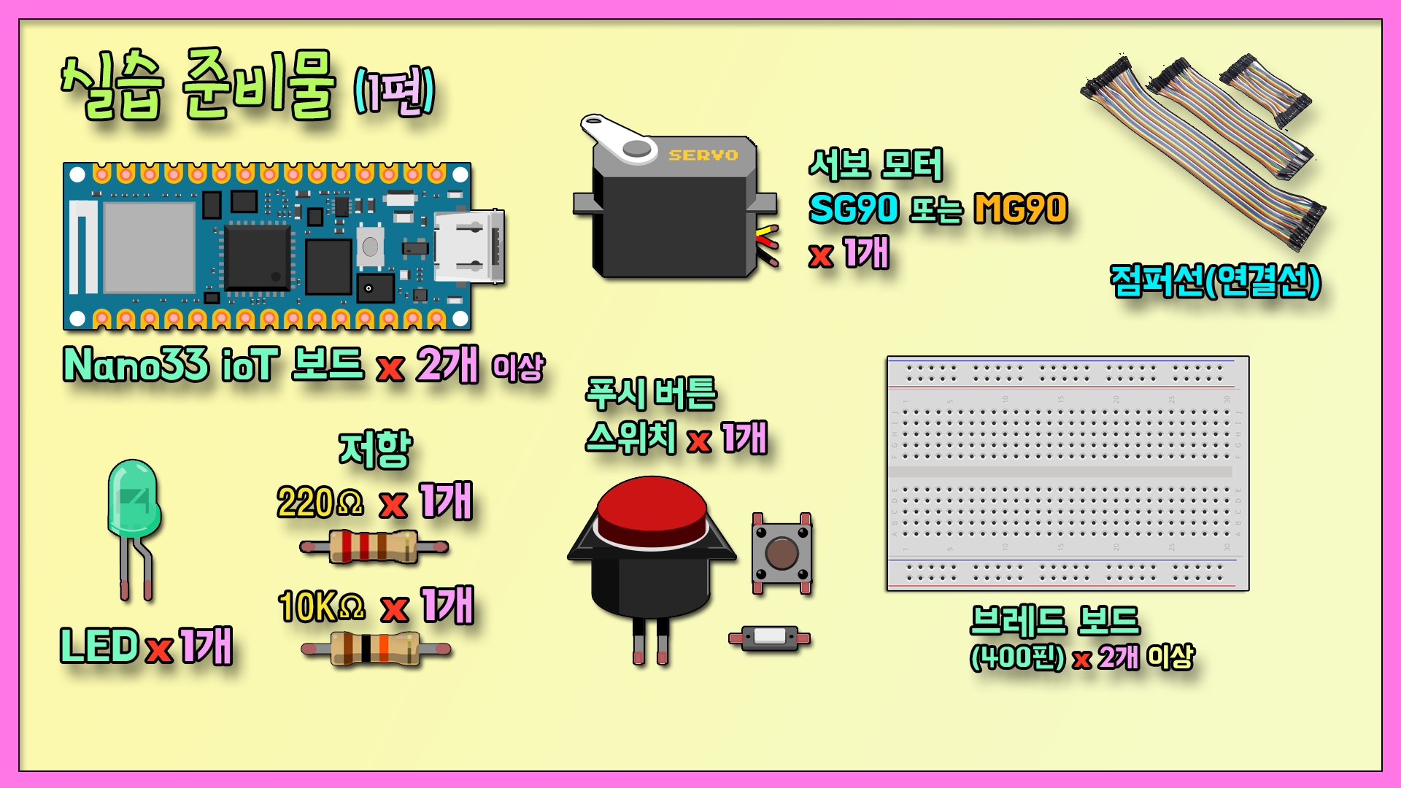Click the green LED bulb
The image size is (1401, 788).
[134, 500]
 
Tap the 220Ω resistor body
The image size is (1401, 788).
[374, 546]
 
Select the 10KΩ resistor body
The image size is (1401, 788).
[375, 649]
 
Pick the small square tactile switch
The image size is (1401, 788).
[781, 553]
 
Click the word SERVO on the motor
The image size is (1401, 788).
[703, 155]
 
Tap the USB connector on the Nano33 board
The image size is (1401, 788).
[469, 246]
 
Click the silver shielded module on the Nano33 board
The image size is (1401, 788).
[149, 247]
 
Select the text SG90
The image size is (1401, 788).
[853, 209]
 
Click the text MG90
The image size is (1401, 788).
[1021, 209]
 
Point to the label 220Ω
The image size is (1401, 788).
[320, 503]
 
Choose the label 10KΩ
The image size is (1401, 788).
[321, 606]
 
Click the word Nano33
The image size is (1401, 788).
[136, 364]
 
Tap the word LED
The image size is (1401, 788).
[99, 646]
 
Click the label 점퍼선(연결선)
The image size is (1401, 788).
[1215, 280]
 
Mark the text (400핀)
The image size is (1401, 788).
[1017, 657]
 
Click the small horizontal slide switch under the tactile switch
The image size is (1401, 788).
[769, 638]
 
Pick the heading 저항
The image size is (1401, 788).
[375, 448]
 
